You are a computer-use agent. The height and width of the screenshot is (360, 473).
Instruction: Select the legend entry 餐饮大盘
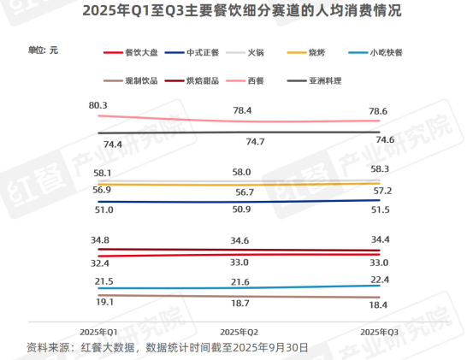point(137,52)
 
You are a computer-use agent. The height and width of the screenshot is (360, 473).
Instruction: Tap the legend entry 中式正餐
point(200,52)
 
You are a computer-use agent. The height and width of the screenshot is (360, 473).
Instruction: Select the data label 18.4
point(381,305)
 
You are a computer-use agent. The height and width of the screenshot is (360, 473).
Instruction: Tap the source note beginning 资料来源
point(168,347)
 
